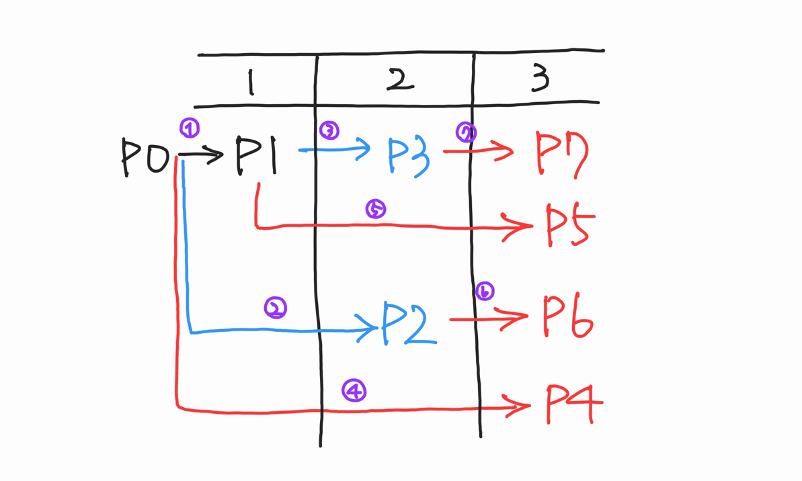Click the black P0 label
(145, 158)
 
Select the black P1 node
(256, 156)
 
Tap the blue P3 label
(409, 157)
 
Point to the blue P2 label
(407, 323)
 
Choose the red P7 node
(562, 154)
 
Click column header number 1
(250, 83)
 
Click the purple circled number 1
(190, 128)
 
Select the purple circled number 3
(329, 130)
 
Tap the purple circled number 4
(354, 390)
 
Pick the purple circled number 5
(375, 209)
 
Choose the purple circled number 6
(484, 292)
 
